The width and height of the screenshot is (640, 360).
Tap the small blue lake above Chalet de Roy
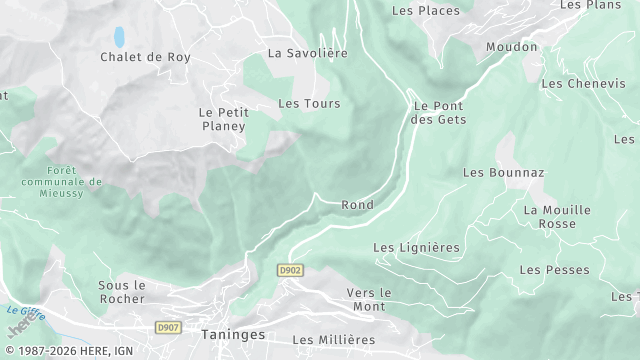[119, 37]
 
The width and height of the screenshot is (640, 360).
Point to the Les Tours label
[309, 103]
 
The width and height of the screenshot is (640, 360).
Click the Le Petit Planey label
[222, 119]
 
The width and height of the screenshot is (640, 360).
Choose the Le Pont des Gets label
[438, 112]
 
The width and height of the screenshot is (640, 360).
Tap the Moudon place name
[511, 47]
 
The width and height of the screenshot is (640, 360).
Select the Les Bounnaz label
[503, 172]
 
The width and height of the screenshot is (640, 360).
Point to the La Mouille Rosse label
[557, 217]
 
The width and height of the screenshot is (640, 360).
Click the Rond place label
[357, 205]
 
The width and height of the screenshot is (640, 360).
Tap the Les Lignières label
[416, 247]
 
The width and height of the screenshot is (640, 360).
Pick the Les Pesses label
[554, 270]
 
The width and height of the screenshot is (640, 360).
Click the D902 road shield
[290, 270]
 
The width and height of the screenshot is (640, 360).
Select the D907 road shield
[168, 327]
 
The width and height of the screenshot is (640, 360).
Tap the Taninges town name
[233, 336]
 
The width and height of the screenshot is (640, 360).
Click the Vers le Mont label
[368, 299]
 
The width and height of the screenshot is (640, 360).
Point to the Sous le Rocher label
[122, 291]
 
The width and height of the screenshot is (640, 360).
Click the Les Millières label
[333, 340]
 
